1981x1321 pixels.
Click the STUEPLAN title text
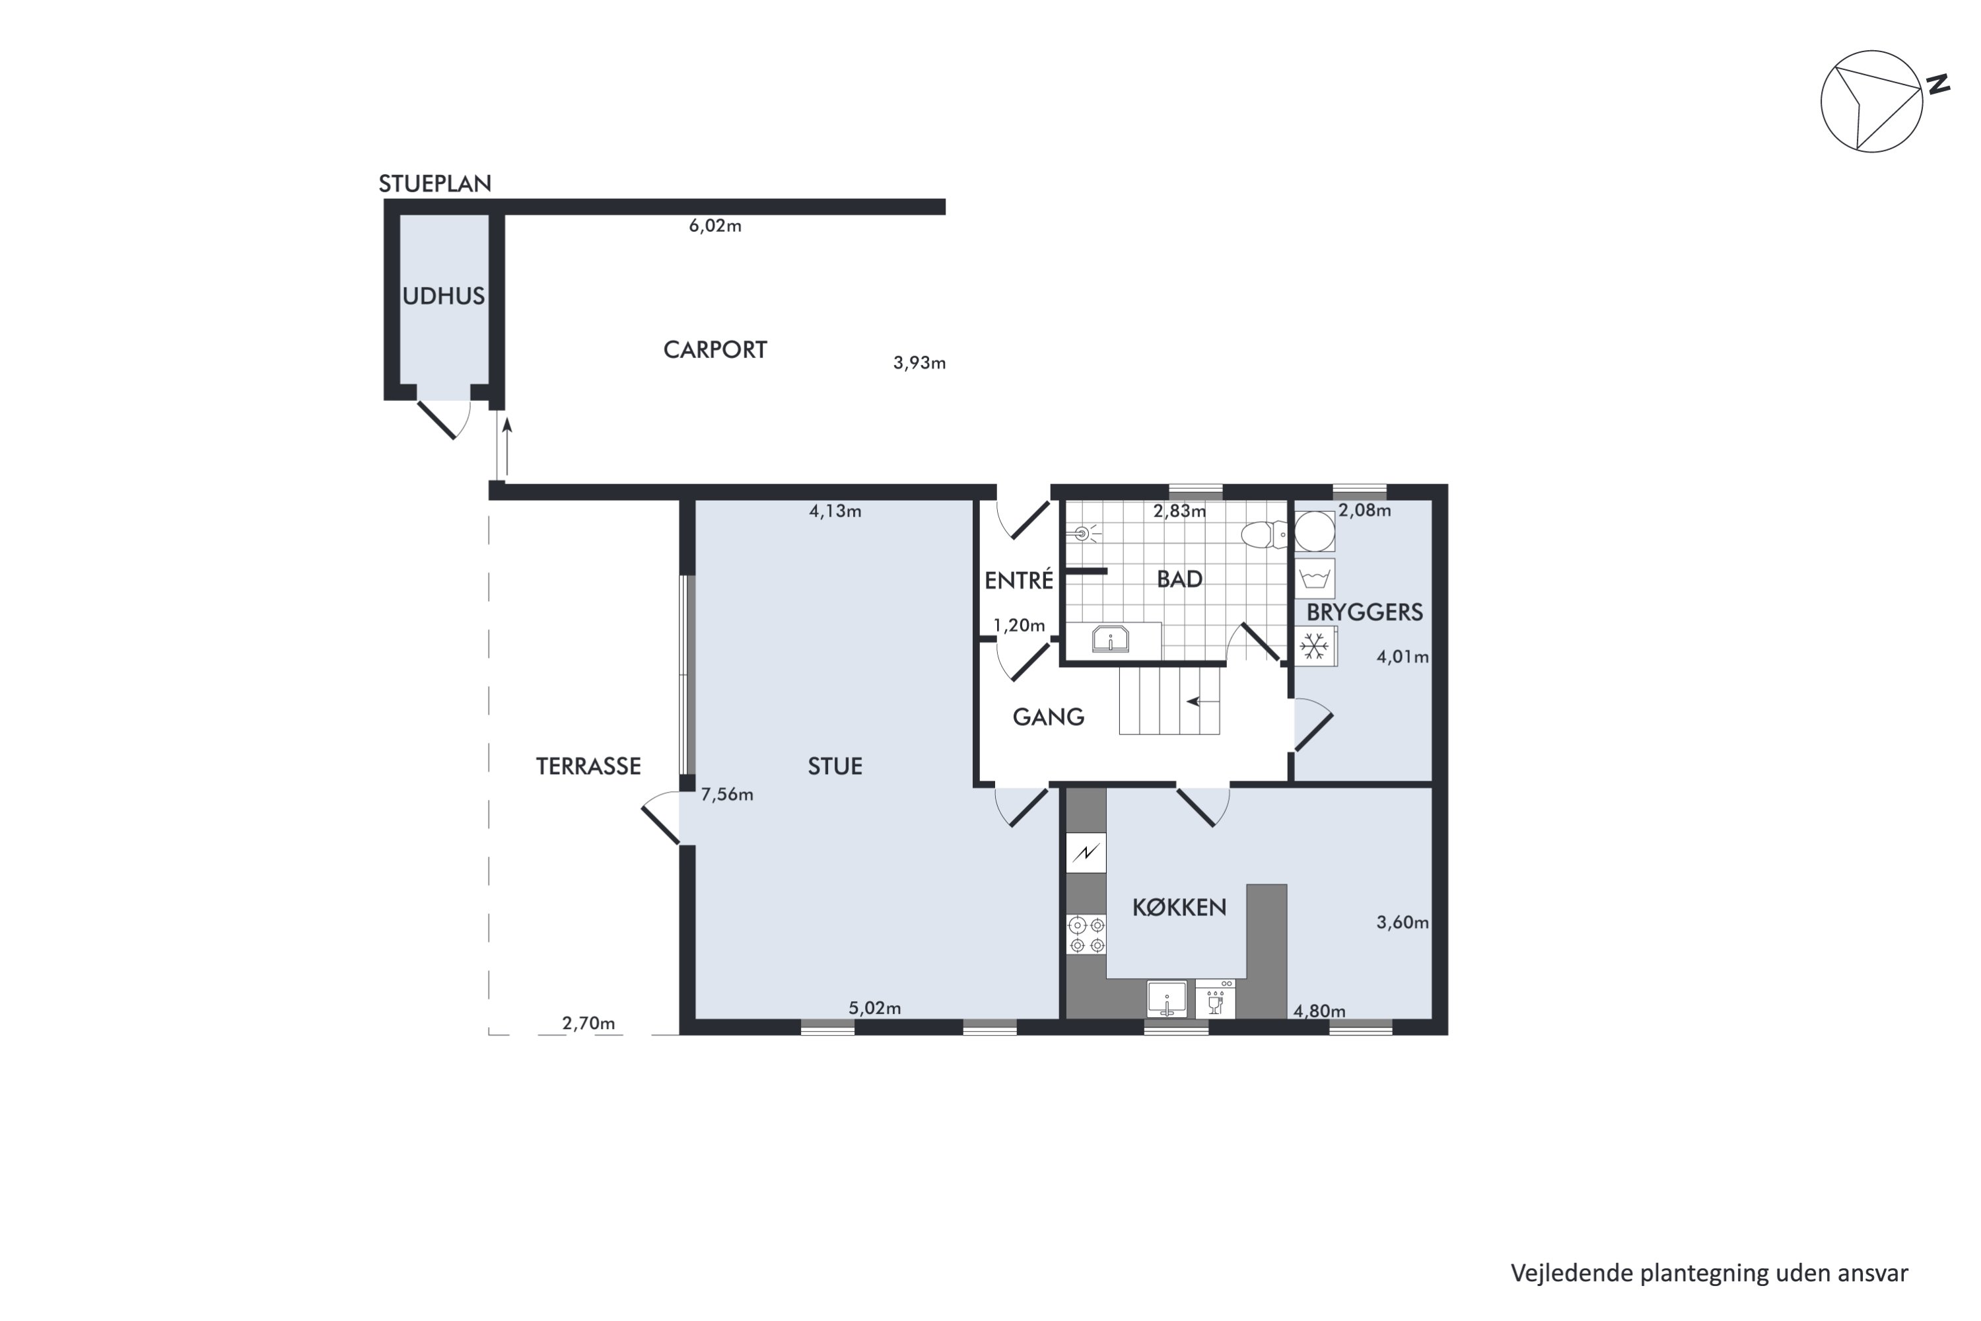click(x=434, y=184)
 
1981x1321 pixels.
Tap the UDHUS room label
click(x=443, y=296)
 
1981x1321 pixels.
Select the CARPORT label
click(x=715, y=349)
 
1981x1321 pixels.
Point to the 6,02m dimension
click(x=715, y=226)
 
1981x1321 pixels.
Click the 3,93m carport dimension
click(x=919, y=363)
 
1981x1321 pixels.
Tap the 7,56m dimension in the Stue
click(x=727, y=795)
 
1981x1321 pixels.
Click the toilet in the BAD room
click(x=1263, y=534)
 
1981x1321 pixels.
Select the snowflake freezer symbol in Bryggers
click(x=1314, y=646)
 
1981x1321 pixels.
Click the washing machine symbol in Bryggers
click(x=1314, y=578)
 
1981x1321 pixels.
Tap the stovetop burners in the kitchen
click(x=1086, y=935)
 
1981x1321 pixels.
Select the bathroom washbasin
click(x=1111, y=639)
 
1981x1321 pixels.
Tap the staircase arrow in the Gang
click(x=1202, y=701)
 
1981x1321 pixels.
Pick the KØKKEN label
click(x=1179, y=908)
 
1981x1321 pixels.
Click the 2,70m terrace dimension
click(x=589, y=1024)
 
